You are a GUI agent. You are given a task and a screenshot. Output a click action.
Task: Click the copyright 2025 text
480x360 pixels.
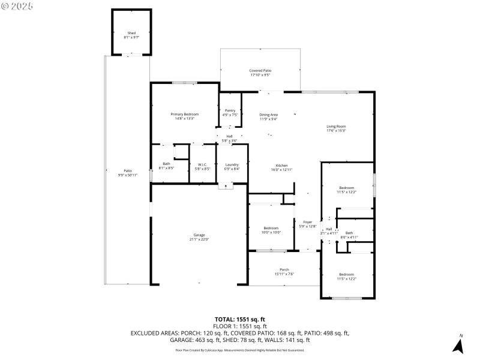point(17,5)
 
